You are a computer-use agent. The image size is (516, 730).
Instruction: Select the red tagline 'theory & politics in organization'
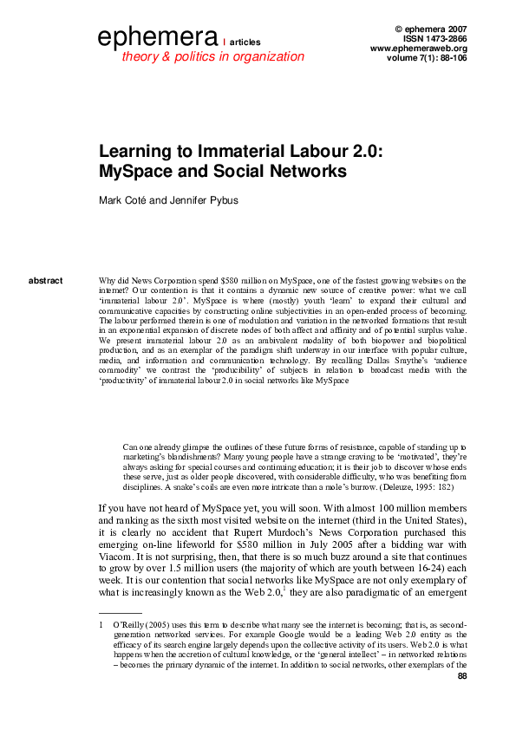pyautogui.click(x=212, y=56)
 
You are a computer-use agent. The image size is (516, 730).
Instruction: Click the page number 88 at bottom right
pyautogui.click(x=461, y=676)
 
